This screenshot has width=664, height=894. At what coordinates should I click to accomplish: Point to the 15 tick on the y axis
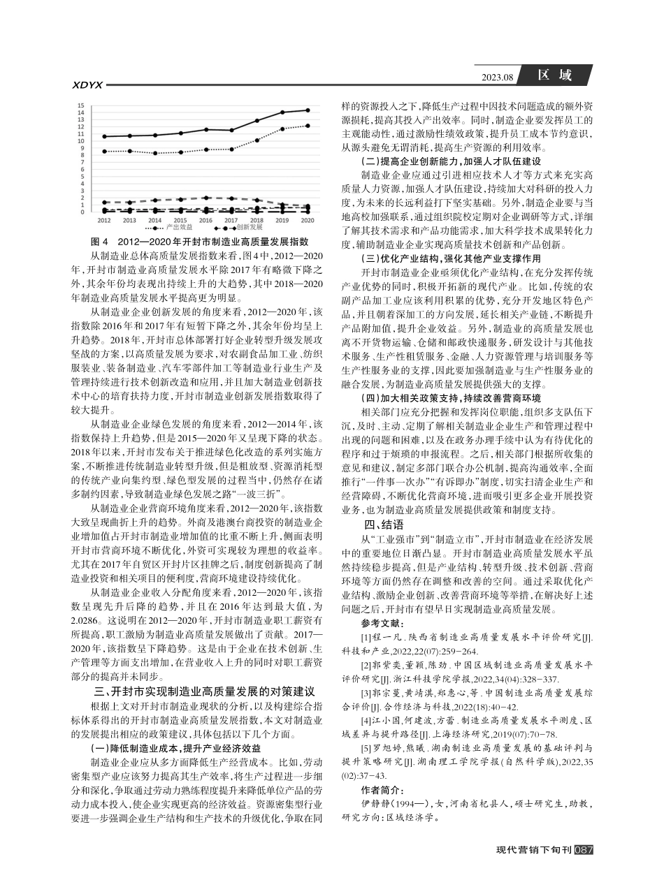82,106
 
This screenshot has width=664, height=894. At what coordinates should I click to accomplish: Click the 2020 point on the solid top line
308,110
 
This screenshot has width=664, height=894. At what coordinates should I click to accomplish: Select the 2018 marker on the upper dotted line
257,140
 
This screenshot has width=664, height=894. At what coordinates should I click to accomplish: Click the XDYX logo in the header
87,85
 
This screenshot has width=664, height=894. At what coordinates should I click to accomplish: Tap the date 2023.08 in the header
498,78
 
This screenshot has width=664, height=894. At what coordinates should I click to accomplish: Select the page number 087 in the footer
583,850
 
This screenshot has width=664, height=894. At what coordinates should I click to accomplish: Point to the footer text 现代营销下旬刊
533,850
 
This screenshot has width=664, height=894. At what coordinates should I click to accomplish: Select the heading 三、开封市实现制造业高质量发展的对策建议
205,692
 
